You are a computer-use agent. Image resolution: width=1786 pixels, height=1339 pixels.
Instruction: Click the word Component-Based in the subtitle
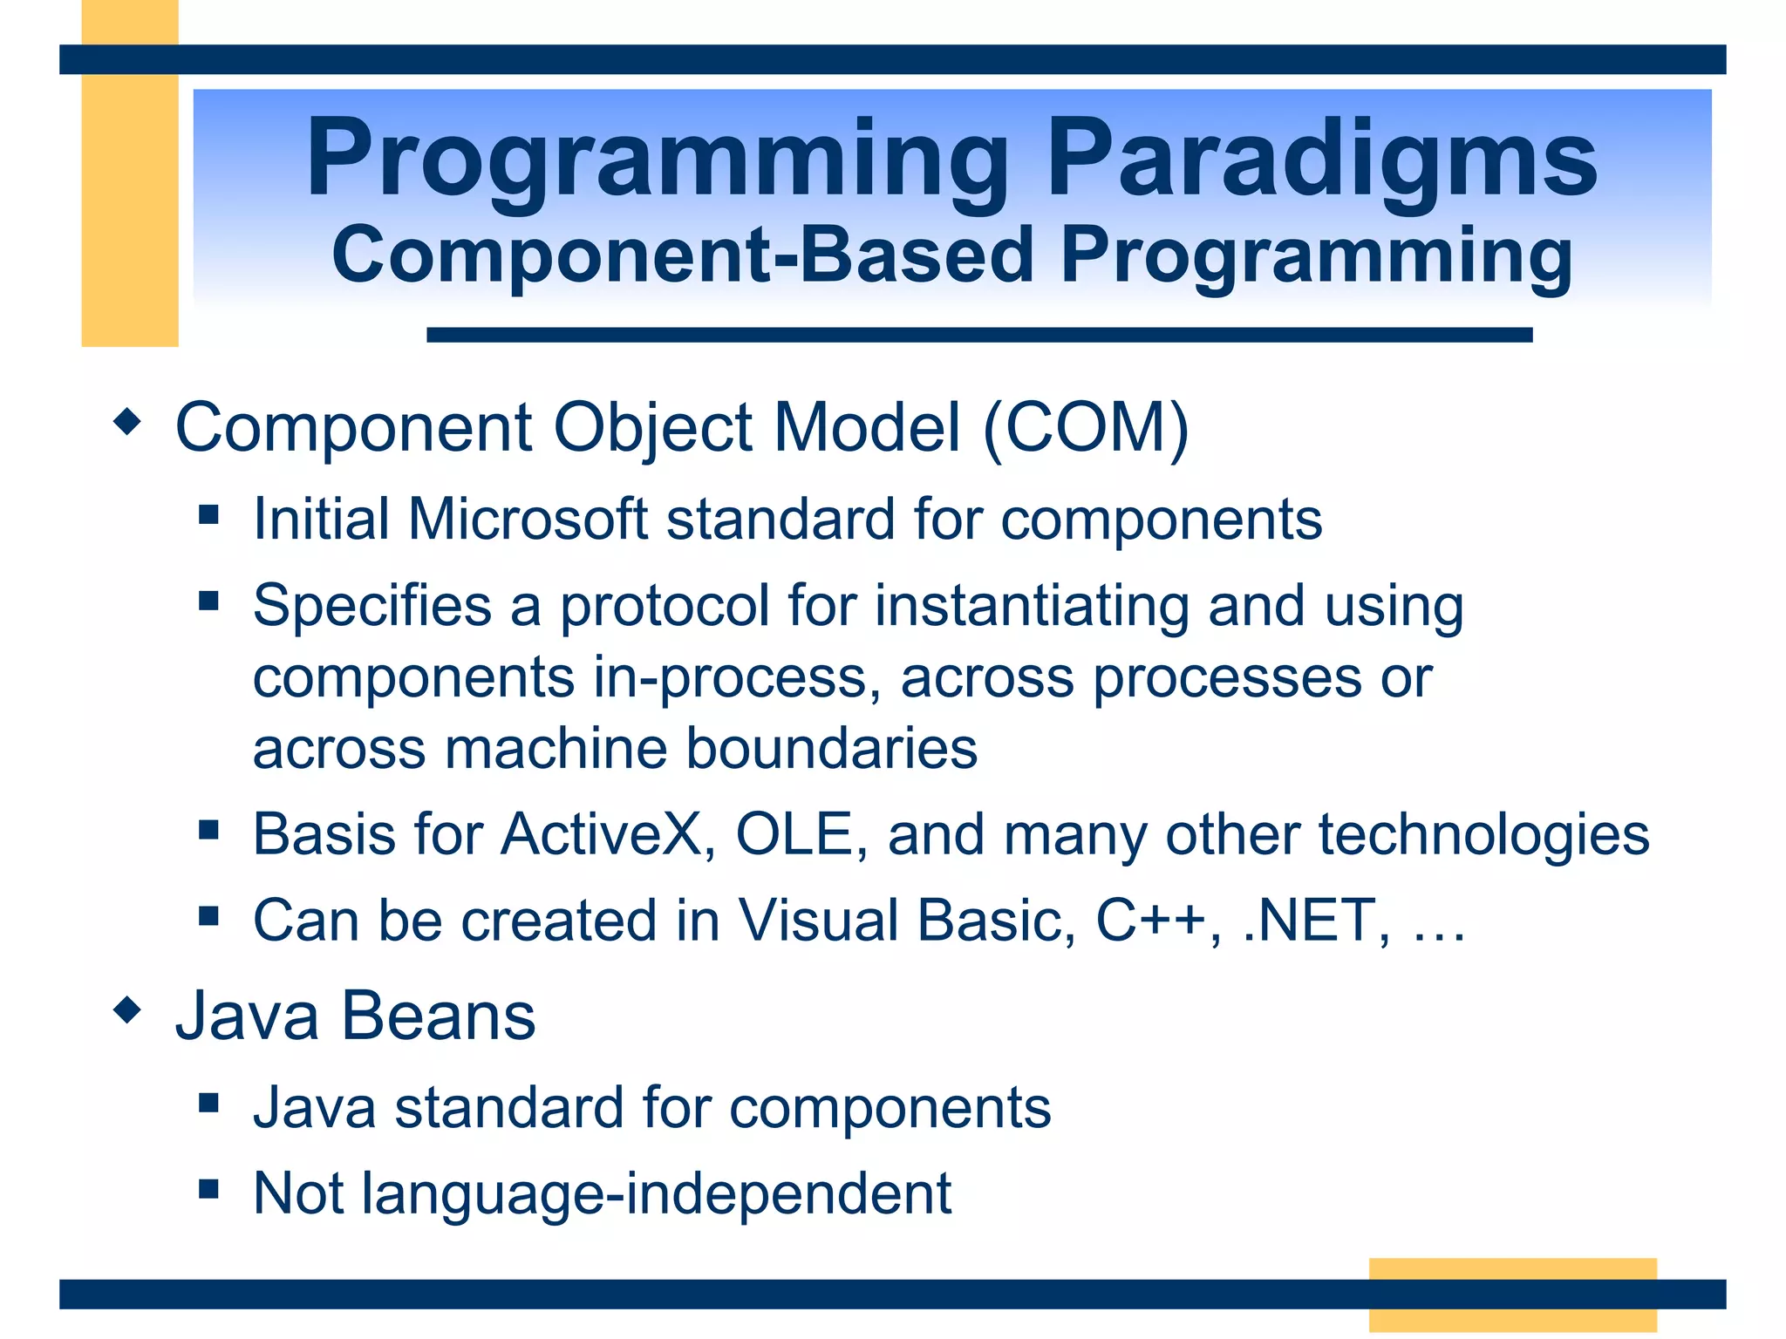682,255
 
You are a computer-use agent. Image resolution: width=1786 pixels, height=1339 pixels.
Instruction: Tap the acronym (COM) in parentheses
1086,428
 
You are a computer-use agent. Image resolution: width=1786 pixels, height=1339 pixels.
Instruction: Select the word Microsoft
527,520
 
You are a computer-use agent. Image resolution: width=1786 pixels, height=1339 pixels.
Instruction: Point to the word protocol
664,606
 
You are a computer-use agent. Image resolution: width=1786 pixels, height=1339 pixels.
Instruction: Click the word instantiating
1032,606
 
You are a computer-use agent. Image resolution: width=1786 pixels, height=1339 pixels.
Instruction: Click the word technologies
1483,834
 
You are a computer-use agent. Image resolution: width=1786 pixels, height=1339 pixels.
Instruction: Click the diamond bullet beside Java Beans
127,1011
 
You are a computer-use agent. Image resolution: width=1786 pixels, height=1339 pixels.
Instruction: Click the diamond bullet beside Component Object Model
127,423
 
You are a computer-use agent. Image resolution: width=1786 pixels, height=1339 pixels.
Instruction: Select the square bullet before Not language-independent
208,1189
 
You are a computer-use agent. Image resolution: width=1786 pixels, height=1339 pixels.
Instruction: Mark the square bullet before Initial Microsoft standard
208,514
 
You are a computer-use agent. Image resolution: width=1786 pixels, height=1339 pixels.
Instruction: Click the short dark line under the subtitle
978,335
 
